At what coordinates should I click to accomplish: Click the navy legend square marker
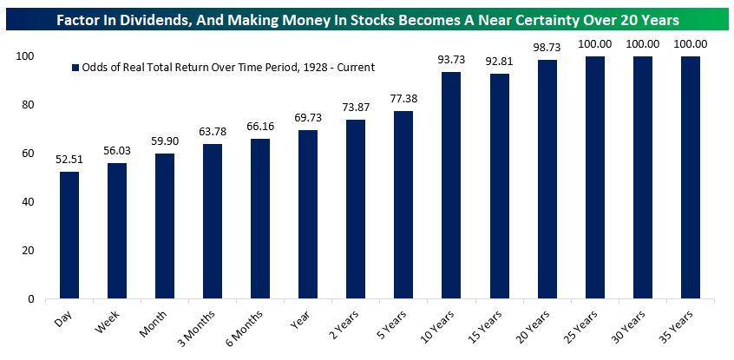75,67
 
